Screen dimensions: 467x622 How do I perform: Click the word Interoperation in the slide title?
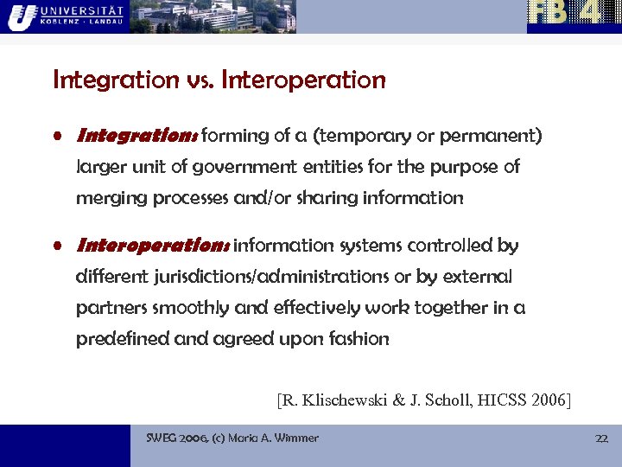pos(303,80)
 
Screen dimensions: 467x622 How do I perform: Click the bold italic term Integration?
pos(137,136)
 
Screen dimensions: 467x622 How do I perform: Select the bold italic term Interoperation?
pos(152,246)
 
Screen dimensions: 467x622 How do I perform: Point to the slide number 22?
pos(601,438)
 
